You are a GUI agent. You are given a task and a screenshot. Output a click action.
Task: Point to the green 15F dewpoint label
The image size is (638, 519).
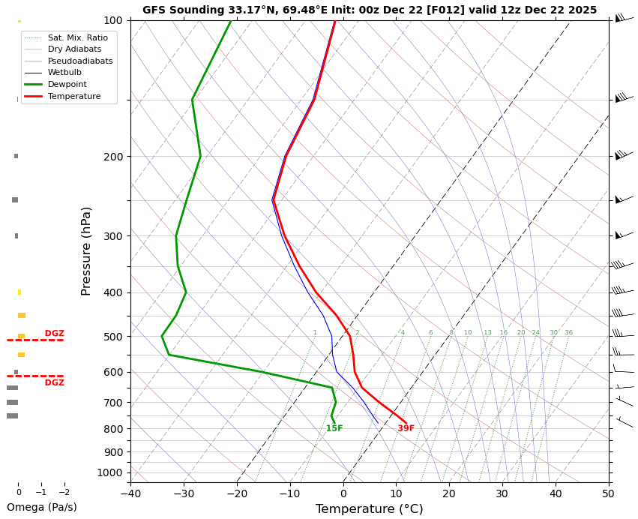(x=334, y=429)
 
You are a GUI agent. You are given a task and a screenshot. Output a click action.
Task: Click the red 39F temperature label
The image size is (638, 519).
(x=406, y=429)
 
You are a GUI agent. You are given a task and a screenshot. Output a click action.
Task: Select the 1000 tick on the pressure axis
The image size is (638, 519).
(x=111, y=472)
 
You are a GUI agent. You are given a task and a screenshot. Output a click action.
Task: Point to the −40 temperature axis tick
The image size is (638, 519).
(x=130, y=494)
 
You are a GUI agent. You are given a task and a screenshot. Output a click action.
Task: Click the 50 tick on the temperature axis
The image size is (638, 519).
(x=608, y=494)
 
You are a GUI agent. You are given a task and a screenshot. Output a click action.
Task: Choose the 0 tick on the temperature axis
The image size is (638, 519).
(x=343, y=494)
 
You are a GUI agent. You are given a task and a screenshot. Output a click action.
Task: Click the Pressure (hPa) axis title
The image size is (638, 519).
(x=86, y=250)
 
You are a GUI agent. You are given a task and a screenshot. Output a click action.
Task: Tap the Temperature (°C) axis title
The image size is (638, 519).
(x=369, y=509)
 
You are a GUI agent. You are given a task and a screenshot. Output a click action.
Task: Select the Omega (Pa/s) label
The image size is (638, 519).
(x=42, y=508)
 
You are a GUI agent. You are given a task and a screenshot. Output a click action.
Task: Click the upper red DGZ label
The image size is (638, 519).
(x=54, y=334)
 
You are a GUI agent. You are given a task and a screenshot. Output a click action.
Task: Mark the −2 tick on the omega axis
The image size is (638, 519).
(x=64, y=493)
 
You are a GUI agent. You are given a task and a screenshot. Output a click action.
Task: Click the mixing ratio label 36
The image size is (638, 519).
(x=568, y=333)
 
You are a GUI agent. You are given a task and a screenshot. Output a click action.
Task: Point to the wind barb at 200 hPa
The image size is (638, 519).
(x=622, y=155)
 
